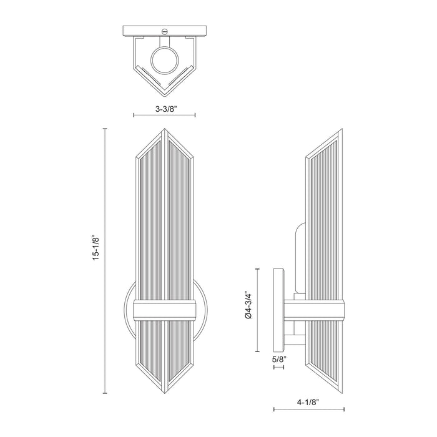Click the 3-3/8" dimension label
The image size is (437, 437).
(165, 108)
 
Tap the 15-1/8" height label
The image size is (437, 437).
(96, 248)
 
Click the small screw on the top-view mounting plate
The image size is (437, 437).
(165, 31)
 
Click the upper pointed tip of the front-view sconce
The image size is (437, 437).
(165, 130)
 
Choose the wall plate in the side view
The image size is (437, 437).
(279, 309)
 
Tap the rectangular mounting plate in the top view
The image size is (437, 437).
(165, 31)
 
